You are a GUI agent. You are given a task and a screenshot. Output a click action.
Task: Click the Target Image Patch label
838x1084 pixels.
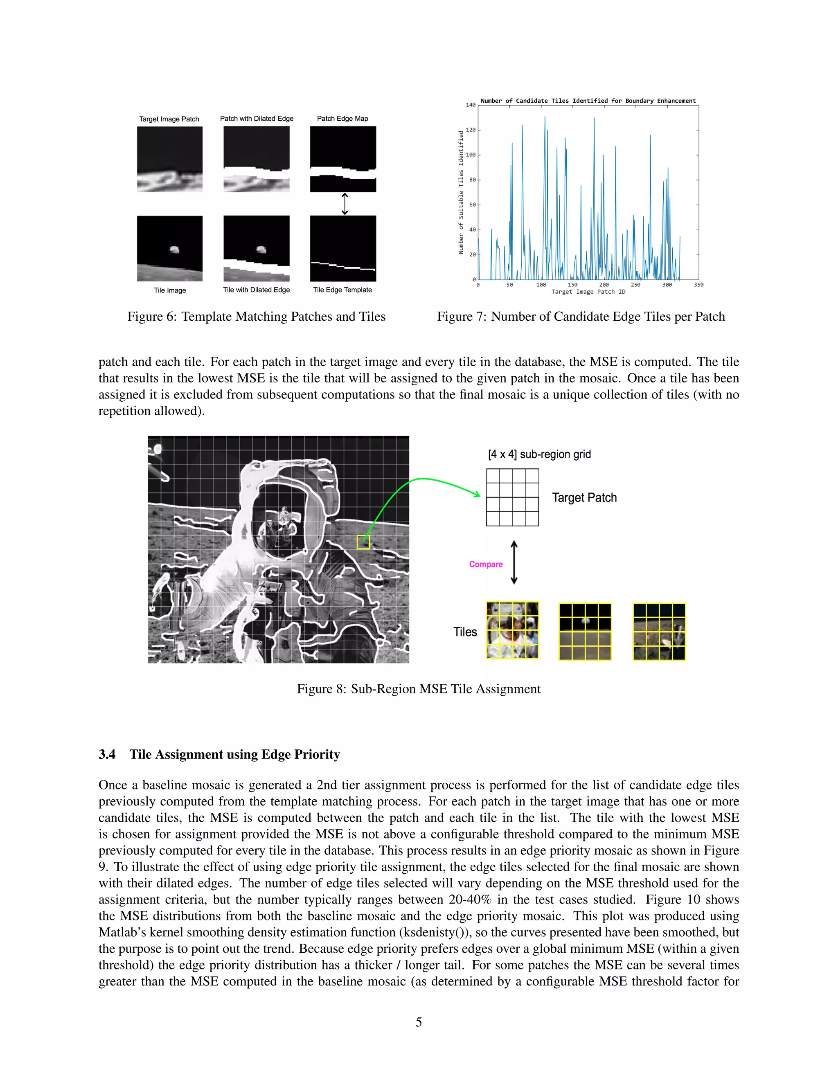[169, 119]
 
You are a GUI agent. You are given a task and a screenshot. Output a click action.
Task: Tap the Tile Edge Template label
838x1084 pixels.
[342, 290]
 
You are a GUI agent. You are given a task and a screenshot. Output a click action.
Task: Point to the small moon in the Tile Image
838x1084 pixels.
[174, 250]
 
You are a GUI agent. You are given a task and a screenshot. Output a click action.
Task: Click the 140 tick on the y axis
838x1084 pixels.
[471, 105]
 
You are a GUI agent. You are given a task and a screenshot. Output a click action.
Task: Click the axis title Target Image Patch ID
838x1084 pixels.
[588, 292]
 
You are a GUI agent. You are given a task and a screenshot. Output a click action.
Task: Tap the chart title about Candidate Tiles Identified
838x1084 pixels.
[588, 101]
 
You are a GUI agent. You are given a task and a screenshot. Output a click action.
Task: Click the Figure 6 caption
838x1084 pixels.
[256, 317]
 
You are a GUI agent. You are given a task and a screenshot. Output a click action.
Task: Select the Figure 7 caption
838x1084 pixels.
[581, 317]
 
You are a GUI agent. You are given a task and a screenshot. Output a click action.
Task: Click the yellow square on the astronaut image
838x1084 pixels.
[363, 542]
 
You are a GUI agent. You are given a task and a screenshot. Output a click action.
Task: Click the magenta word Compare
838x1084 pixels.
[486, 564]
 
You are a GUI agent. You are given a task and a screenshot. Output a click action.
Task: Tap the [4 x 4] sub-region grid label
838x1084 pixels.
[539, 454]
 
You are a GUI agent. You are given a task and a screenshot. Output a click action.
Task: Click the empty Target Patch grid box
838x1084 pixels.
[512, 497]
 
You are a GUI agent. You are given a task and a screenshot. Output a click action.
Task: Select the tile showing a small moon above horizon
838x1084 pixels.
[585, 631]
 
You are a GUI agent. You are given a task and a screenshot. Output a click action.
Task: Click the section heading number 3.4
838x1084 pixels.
[107, 754]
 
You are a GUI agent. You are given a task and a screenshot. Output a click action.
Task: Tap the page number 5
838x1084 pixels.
[419, 1022]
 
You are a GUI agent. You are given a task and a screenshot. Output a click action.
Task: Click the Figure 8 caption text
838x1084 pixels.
[419, 689]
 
